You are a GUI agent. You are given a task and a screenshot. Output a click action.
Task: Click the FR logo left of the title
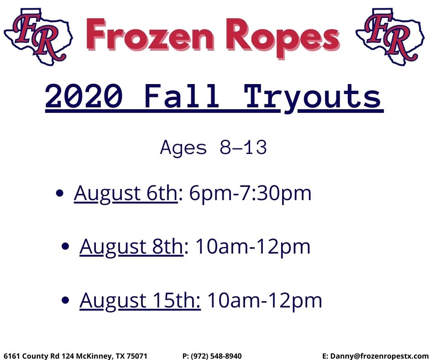point(38,37)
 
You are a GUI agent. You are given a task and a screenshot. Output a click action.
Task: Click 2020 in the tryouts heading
point(84,96)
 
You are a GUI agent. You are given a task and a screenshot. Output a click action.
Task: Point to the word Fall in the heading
point(182,95)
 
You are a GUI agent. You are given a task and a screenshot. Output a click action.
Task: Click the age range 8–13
point(243,148)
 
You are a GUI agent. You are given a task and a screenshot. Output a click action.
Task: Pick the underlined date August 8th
point(131,248)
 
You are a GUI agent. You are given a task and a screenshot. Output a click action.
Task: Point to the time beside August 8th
point(253,248)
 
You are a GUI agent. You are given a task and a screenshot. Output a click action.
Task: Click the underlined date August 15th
point(140,301)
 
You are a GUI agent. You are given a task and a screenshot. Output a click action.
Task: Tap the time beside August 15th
point(265,301)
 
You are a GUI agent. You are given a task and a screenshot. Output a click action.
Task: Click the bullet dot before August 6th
point(60,193)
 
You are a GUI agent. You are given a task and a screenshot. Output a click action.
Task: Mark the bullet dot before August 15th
point(65,300)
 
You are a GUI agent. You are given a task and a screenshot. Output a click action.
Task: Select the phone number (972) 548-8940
point(216,356)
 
